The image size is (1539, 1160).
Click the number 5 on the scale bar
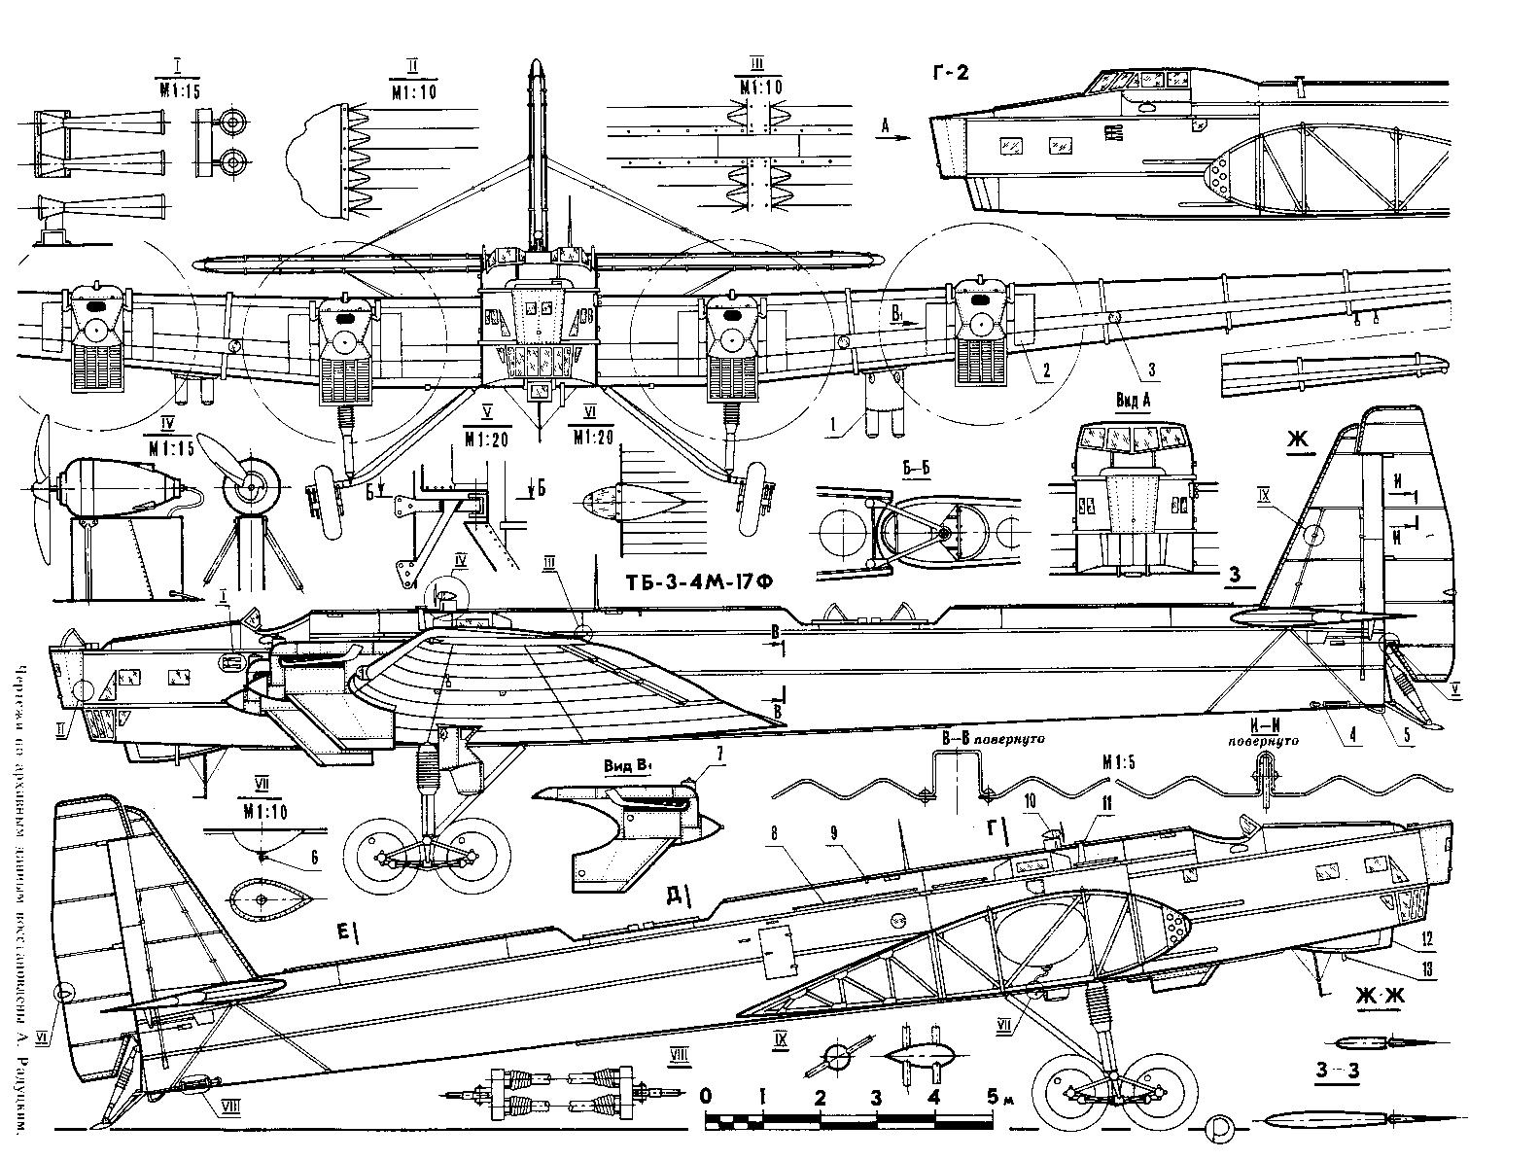coord(993,1097)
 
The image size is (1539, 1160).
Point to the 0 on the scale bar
coord(707,1097)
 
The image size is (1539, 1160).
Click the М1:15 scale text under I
coord(178,88)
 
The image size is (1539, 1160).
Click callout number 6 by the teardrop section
coord(313,857)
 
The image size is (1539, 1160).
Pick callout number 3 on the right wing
coord(1151,369)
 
